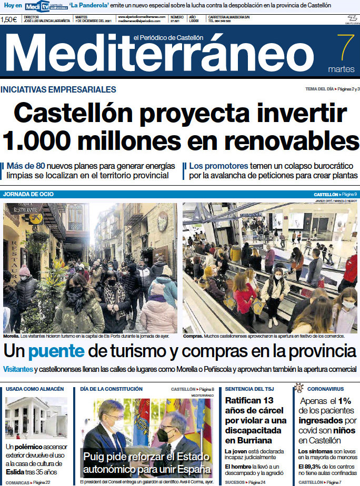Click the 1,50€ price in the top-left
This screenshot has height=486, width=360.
[9, 20]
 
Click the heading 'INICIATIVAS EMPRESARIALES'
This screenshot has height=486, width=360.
[58, 90]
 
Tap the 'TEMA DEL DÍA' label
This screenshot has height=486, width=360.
[319, 89]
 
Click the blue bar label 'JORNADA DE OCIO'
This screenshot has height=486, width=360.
[28, 194]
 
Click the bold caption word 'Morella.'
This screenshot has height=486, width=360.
[11, 336]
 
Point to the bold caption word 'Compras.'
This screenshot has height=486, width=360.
[193, 336]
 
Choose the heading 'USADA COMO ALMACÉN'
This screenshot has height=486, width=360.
[34, 389]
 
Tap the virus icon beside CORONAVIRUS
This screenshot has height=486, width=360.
[299, 388]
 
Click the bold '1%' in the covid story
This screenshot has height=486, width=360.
[345, 401]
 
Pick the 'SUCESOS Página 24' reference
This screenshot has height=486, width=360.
[245, 482]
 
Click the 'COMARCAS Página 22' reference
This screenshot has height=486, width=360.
[28, 482]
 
